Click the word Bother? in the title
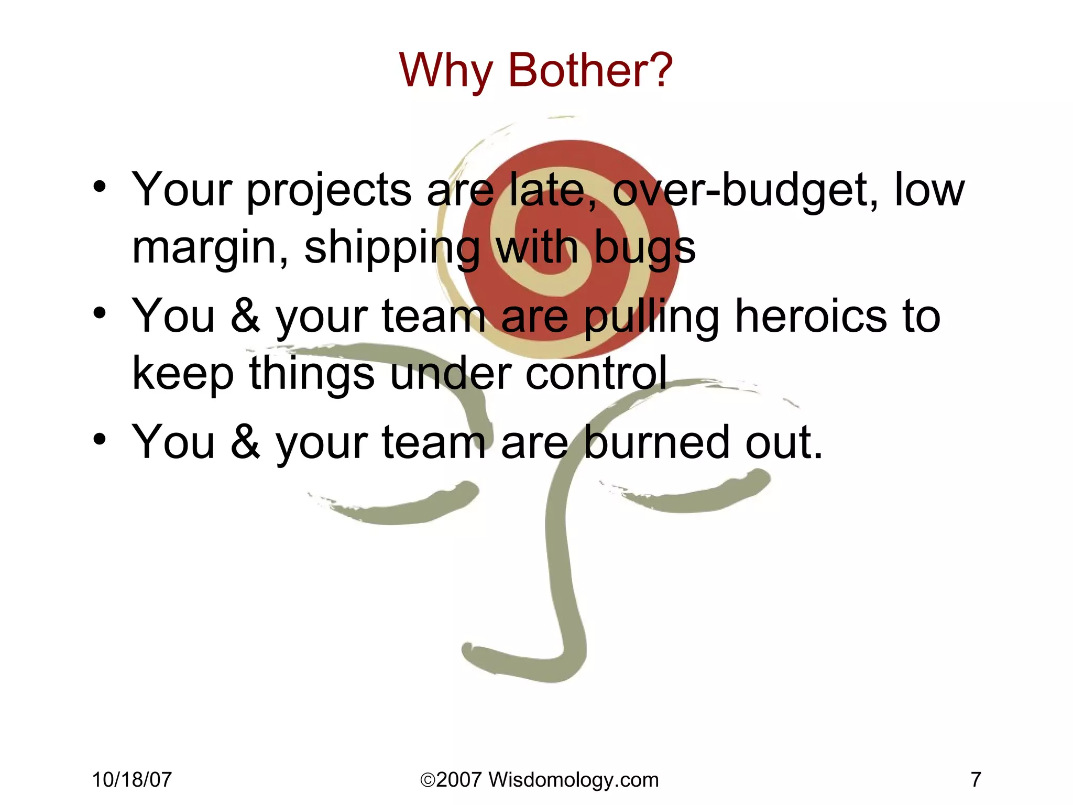tap(590, 70)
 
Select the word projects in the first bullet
tap(329, 191)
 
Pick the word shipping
tap(392, 248)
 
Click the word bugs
tap(645, 248)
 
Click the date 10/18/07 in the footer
tap(132, 780)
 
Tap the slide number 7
tap(976, 780)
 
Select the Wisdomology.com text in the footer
tap(573, 780)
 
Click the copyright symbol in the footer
tap(428, 780)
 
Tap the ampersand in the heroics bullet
tap(245, 316)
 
